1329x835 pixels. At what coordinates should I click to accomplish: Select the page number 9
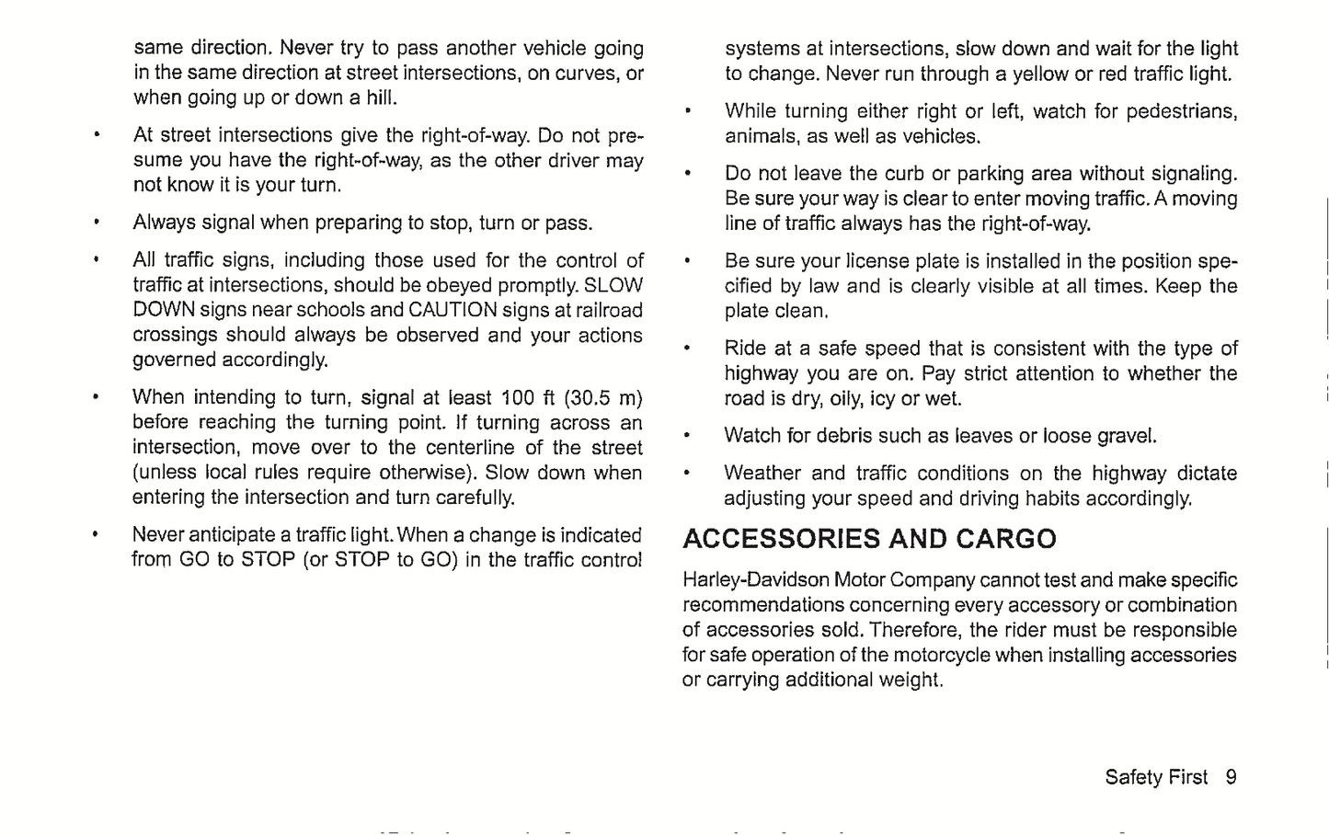click(1231, 777)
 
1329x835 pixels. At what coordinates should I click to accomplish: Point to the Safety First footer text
click(1156, 777)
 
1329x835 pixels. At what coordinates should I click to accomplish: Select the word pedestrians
click(1182, 112)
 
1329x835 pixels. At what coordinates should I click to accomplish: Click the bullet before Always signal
click(96, 223)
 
